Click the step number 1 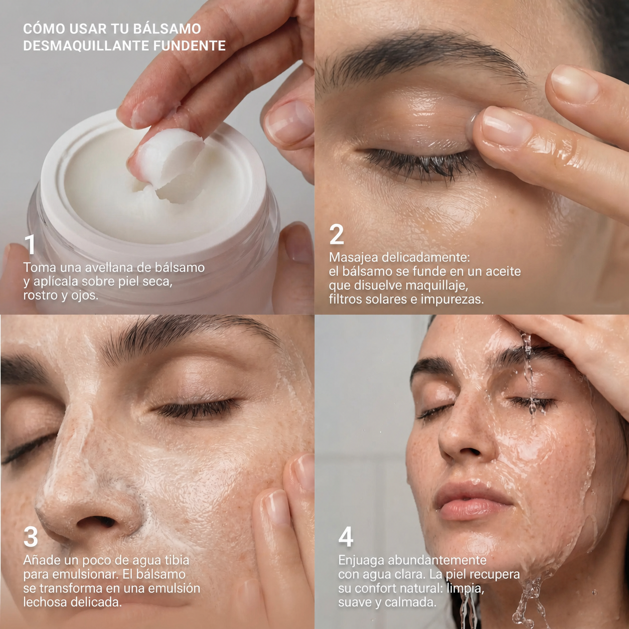tap(31, 244)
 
